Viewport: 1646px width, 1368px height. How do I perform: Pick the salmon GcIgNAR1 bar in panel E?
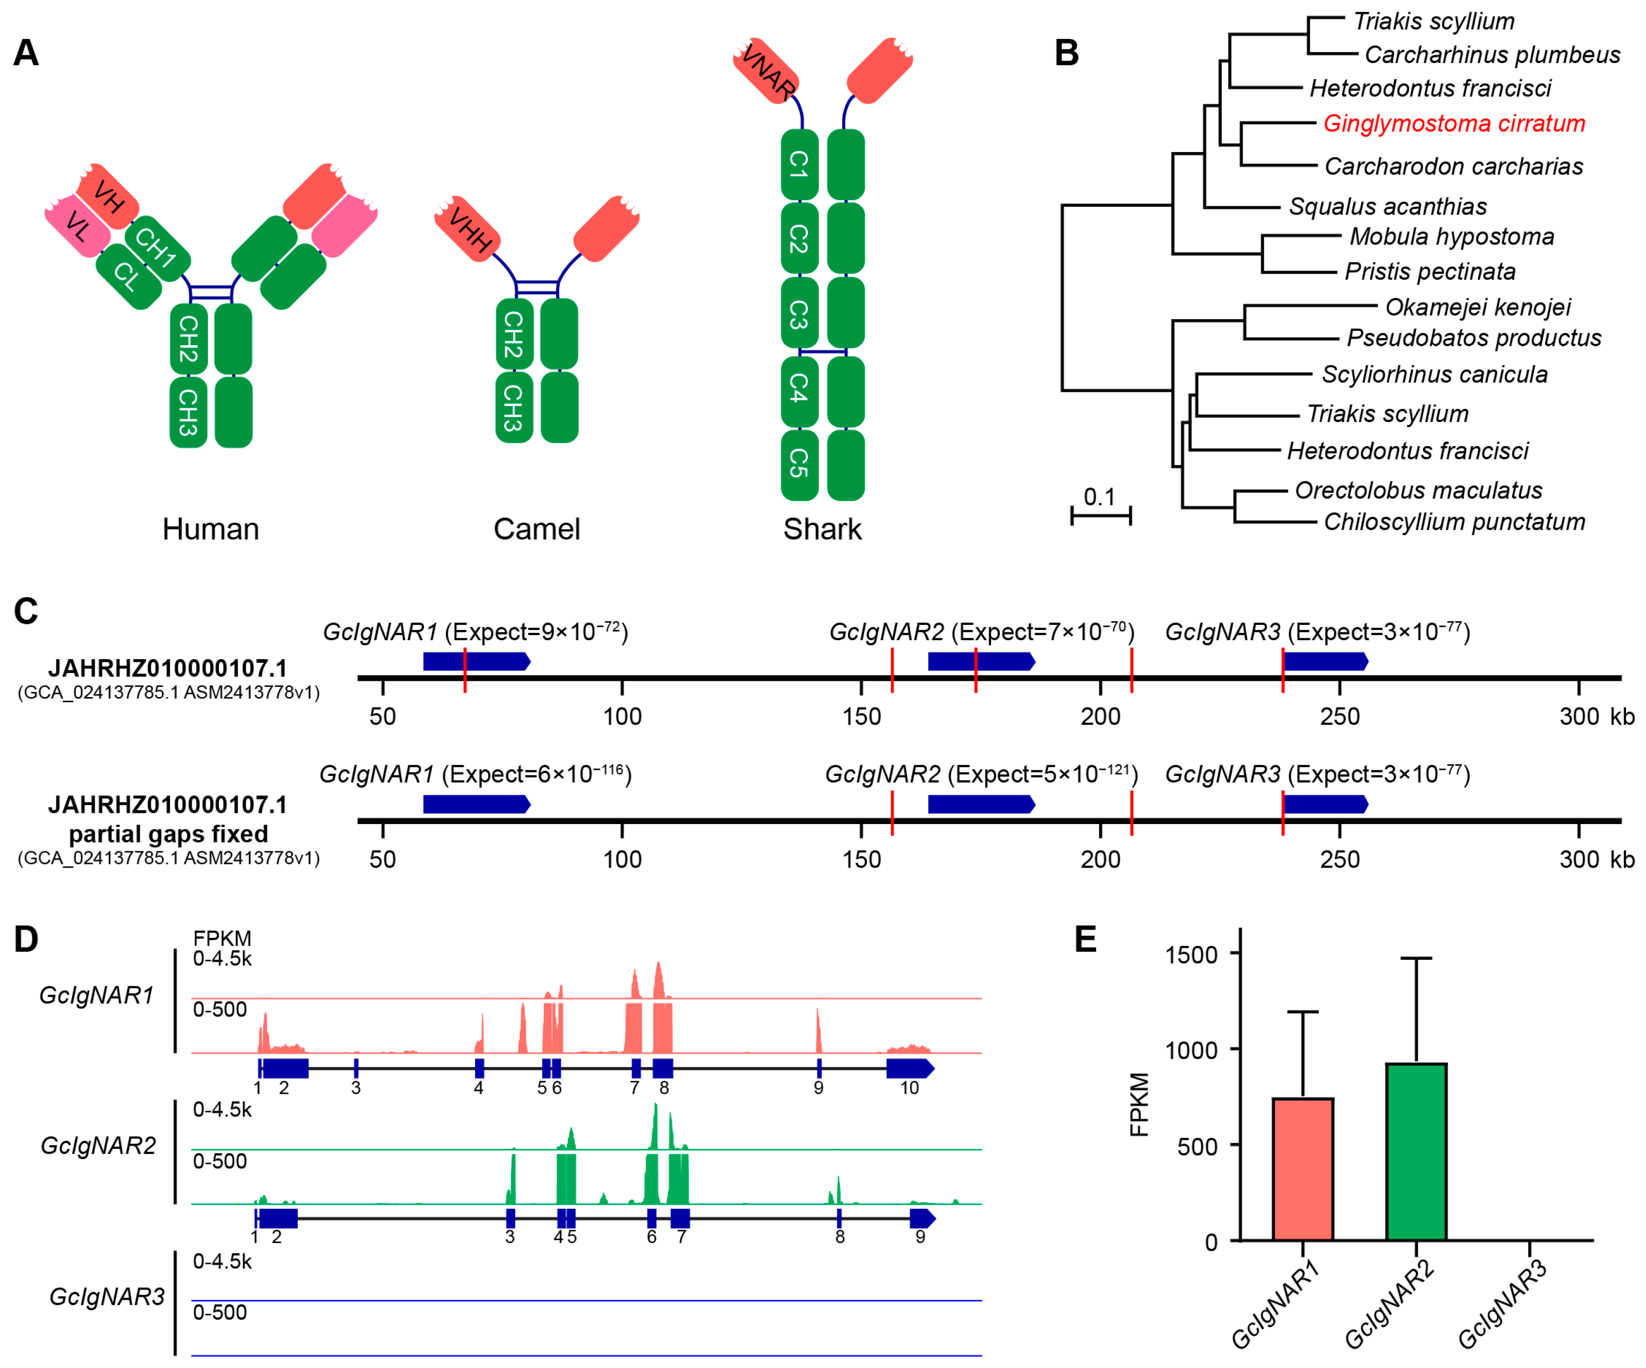1303,1168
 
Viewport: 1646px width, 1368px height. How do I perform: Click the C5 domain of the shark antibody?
799,464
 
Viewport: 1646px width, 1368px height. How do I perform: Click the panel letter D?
26,939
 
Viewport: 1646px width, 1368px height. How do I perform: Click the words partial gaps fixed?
169,834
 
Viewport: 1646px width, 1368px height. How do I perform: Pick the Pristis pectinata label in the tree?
1430,272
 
